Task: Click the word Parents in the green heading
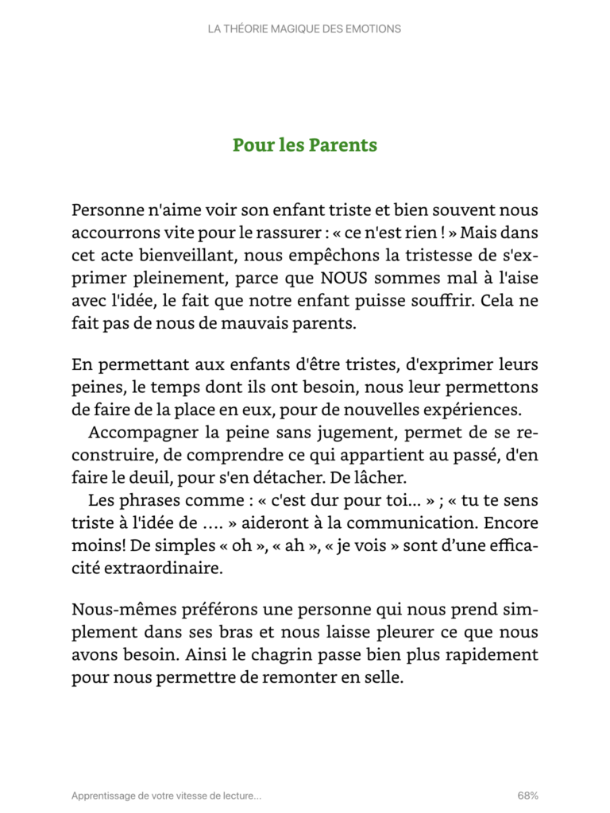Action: pos(342,146)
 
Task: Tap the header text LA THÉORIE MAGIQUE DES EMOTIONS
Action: pos(304,29)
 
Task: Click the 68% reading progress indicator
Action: pos(527,795)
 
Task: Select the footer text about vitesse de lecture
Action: pos(166,795)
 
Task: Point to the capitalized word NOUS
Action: pos(346,279)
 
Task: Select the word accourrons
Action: pos(111,234)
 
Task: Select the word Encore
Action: pos(508,524)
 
